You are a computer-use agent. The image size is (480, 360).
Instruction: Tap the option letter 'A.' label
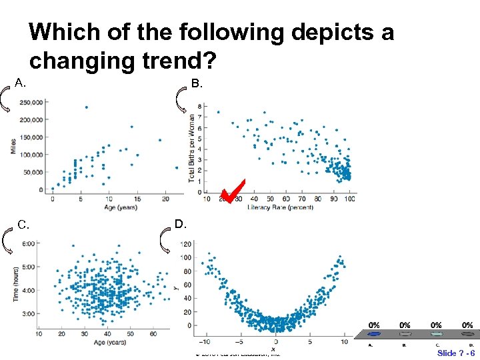click(21, 83)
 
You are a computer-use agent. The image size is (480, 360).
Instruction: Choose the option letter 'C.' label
click(23, 224)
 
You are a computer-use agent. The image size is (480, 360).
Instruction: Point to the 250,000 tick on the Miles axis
click(32, 102)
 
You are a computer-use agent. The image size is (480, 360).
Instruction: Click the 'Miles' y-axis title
click(13, 146)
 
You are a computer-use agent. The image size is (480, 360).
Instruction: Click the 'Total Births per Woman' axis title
click(191, 148)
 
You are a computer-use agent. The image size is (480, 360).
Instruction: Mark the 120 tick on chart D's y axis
click(185, 243)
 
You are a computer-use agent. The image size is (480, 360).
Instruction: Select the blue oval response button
click(374, 334)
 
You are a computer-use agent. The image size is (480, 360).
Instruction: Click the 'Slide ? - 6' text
click(456, 353)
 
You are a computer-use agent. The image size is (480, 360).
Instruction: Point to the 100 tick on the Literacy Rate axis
click(351, 199)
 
